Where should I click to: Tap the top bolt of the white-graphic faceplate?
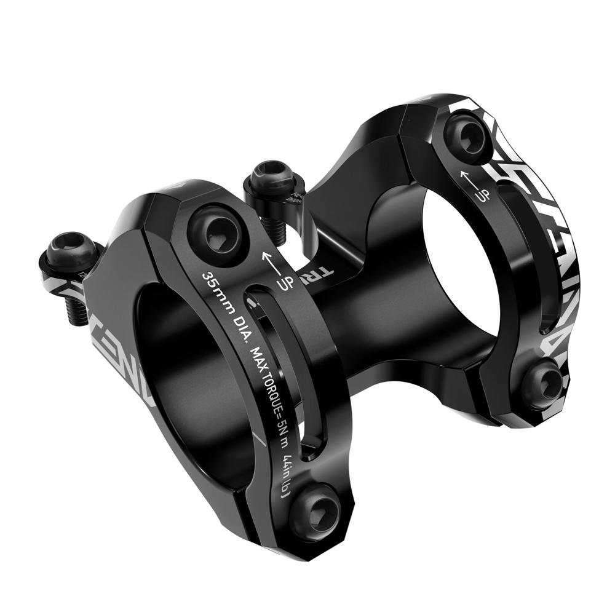pos(462,132)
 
